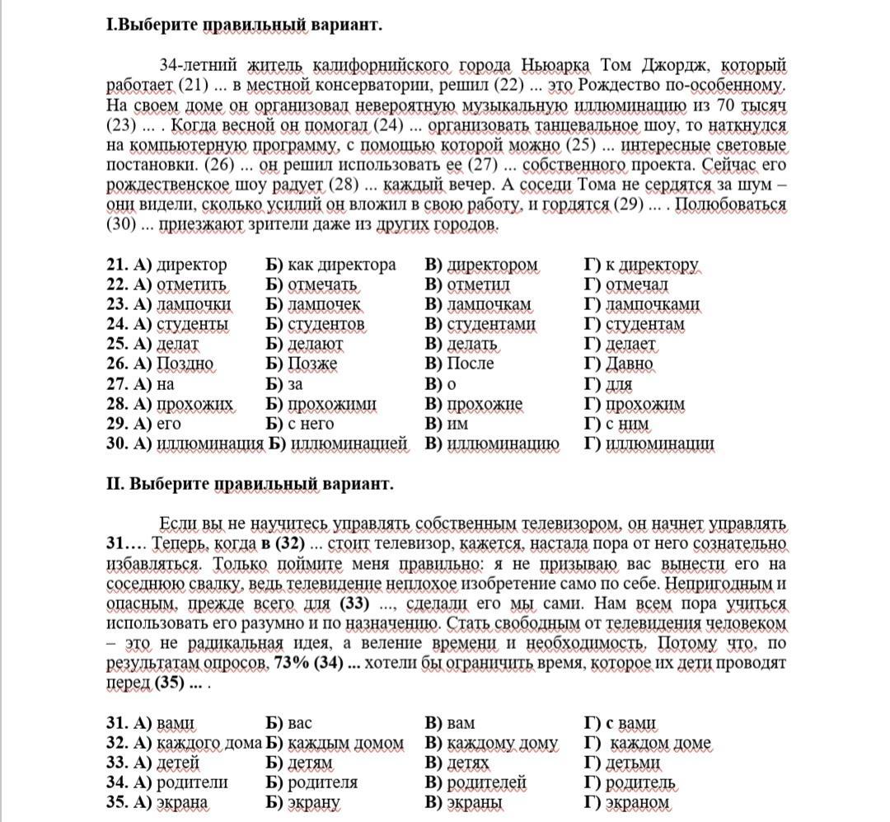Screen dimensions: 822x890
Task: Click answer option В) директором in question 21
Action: [x=481, y=265]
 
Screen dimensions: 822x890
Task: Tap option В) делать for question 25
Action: [x=461, y=344]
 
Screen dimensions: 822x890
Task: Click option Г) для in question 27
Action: [x=609, y=383]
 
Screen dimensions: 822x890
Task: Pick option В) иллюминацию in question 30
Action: [x=492, y=444]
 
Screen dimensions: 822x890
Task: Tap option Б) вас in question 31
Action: [x=289, y=723]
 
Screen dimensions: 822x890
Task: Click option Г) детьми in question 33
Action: [x=623, y=763]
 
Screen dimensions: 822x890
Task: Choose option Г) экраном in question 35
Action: [x=627, y=802]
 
